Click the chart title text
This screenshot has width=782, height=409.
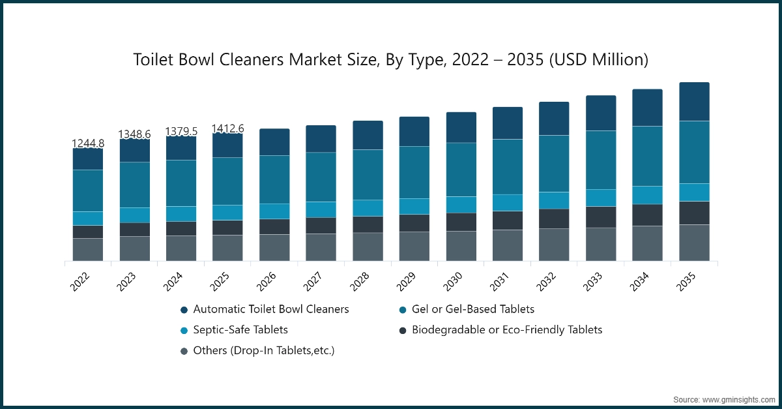(391, 60)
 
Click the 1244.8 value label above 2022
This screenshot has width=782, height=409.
(88, 144)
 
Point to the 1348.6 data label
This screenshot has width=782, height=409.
(134, 134)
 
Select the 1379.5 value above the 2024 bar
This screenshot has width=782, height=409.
(181, 132)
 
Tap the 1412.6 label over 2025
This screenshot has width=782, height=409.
(227, 128)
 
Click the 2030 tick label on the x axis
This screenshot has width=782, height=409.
(452, 282)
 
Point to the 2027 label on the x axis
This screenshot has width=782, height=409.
(313, 282)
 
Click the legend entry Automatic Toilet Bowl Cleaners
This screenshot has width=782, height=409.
(271, 309)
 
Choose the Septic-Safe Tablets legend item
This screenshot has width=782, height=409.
(240, 330)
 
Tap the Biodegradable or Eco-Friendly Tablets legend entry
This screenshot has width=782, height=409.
(507, 330)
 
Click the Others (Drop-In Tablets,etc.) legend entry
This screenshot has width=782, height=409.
(264, 351)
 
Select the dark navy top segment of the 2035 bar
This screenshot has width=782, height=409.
(694, 102)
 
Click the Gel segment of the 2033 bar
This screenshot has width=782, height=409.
(601, 160)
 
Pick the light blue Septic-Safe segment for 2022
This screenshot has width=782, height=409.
(88, 218)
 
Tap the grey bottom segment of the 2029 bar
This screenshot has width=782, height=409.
(414, 246)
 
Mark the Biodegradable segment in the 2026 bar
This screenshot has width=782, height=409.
(274, 226)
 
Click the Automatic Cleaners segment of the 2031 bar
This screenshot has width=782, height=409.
(508, 123)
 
